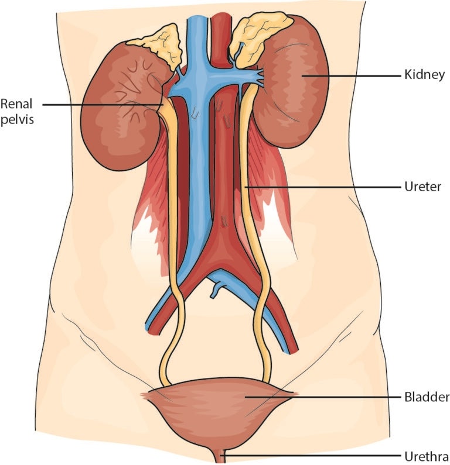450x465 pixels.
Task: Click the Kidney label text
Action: [x=424, y=75]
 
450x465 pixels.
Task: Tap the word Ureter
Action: [x=422, y=187]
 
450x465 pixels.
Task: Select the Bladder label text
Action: [x=427, y=397]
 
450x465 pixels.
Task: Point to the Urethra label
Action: [x=427, y=456]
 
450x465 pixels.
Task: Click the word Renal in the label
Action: [x=16, y=104]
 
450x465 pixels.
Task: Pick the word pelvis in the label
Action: [x=17, y=119]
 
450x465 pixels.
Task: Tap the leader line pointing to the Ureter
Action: [x=322, y=187]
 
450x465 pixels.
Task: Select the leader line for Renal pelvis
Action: [x=103, y=104]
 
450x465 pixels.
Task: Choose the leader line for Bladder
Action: [x=323, y=397]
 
